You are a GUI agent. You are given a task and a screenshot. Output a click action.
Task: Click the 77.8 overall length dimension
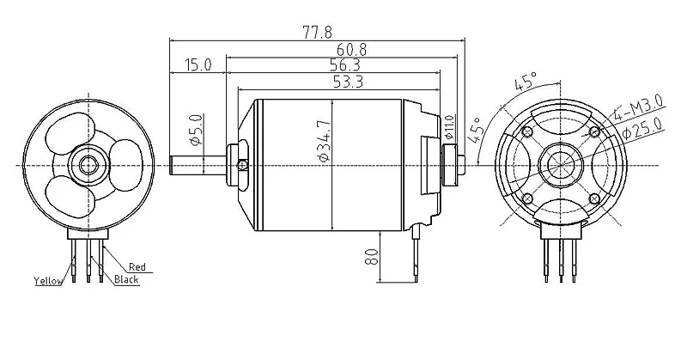(x=317, y=32)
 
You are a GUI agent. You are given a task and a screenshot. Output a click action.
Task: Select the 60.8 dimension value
(x=351, y=49)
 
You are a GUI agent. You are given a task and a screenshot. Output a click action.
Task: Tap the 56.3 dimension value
(x=344, y=65)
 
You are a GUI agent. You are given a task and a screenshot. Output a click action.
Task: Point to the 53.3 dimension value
(x=348, y=82)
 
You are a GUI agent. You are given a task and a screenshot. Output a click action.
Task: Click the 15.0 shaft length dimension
(x=198, y=65)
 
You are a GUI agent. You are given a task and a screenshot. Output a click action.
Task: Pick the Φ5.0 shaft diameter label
(x=196, y=130)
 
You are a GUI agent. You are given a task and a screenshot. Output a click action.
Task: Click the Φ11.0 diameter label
(x=448, y=127)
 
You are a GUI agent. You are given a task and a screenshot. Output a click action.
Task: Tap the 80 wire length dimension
(x=371, y=257)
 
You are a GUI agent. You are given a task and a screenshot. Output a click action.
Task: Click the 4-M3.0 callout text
(x=638, y=107)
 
